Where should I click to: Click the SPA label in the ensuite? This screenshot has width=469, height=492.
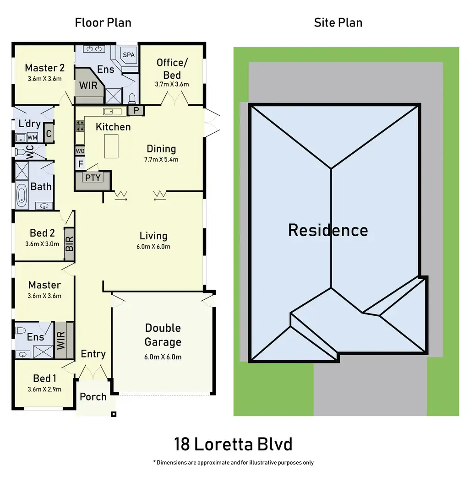(129, 54)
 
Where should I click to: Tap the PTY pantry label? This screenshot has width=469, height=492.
(93, 178)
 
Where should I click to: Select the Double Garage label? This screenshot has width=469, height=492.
(163, 335)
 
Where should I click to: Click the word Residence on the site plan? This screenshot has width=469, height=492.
(328, 230)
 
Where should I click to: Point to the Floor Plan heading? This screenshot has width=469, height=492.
(103, 23)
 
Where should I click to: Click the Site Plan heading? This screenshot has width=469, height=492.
(338, 23)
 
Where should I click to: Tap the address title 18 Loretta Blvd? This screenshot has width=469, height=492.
(233, 444)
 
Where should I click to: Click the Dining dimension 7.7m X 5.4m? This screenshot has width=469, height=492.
(162, 160)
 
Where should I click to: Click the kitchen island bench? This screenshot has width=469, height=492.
(111, 146)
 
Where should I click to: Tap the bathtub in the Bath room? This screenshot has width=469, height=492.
(22, 193)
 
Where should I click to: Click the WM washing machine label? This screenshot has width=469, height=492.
(32, 137)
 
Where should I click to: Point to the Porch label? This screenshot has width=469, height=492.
(93, 397)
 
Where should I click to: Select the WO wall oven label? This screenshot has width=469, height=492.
(80, 151)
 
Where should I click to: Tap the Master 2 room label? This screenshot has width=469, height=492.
(44, 68)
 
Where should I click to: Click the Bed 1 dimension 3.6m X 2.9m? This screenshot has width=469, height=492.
(44, 389)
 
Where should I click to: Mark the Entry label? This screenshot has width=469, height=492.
(93, 354)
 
